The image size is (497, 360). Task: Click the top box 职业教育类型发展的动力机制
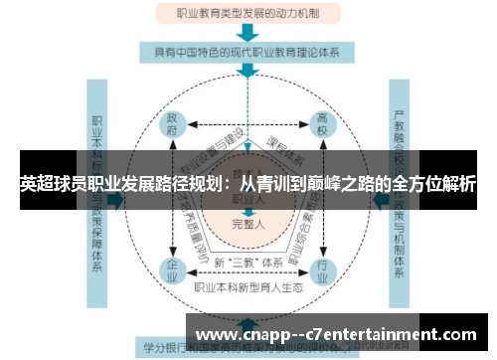(248, 14)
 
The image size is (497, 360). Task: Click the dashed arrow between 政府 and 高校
(248, 125)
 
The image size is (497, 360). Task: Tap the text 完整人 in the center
(248, 226)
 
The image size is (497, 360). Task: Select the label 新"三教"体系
(248, 261)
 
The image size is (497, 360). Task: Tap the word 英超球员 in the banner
(52, 185)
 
